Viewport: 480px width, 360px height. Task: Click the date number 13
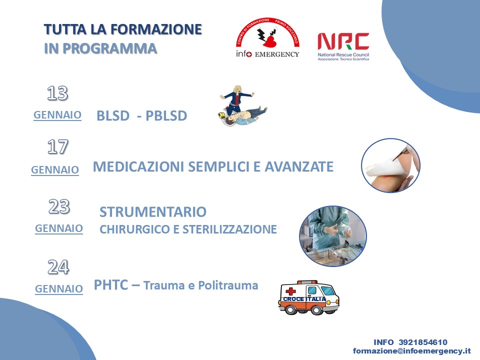57,93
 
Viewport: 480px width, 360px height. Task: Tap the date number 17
57,146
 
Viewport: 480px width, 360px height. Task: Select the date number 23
59,206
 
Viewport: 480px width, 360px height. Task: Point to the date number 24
58,267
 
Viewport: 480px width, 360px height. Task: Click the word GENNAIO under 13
57,115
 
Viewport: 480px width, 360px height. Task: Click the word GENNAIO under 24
59,288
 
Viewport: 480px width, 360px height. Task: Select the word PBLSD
166,115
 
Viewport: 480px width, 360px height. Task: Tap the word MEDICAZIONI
138,166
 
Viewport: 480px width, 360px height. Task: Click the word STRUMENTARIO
153,212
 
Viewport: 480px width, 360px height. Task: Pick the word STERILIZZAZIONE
229,229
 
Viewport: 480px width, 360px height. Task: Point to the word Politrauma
228,285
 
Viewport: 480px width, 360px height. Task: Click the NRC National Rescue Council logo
343,46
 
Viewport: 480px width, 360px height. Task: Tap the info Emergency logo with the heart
267,37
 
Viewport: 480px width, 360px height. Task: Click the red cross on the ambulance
290,291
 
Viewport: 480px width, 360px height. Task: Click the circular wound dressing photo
390,165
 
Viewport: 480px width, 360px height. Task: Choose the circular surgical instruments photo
333,235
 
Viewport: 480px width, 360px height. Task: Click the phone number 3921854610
423,342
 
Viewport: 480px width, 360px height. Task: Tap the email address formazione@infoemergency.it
411,351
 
